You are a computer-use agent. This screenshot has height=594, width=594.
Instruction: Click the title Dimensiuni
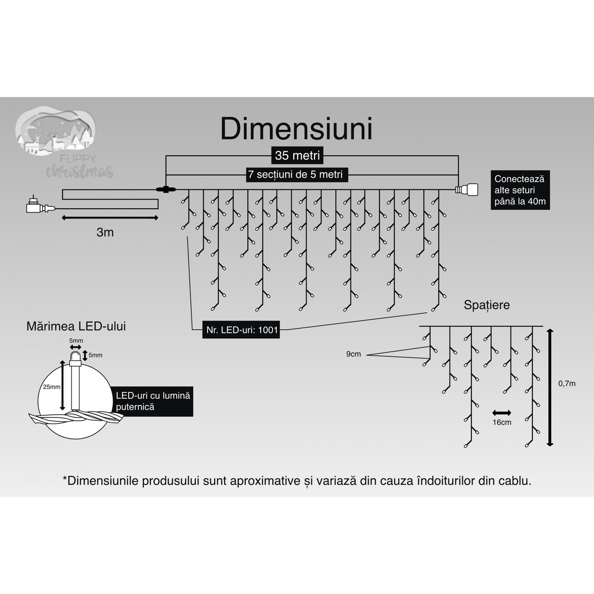(x=296, y=129)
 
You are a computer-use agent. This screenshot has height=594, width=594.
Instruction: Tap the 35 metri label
(x=298, y=156)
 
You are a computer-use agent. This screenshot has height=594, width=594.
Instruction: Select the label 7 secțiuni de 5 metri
(x=295, y=174)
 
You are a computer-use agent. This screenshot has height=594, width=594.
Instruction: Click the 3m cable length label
(x=105, y=232)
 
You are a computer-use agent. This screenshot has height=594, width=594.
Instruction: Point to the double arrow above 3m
(x=110, y=218)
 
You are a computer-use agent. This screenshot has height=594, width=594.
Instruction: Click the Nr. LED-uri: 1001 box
(x=242, y=330)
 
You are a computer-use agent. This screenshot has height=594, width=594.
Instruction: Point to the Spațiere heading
(x=486, y=305)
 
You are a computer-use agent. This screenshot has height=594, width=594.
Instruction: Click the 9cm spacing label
(x=353, y=354)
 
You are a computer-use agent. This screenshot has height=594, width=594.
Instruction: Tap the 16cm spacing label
(x=501, y=422)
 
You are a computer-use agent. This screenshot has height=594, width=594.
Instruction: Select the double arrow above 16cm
(x=501, y=413)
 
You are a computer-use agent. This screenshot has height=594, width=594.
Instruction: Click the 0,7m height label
(x=567, y=383)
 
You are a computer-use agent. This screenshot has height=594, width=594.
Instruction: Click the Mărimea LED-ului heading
(x=76, y=326)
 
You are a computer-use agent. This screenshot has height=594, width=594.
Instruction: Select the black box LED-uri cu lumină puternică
(x=153, y=401)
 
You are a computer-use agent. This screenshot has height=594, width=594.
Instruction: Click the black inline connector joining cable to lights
(x=165, y=189)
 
